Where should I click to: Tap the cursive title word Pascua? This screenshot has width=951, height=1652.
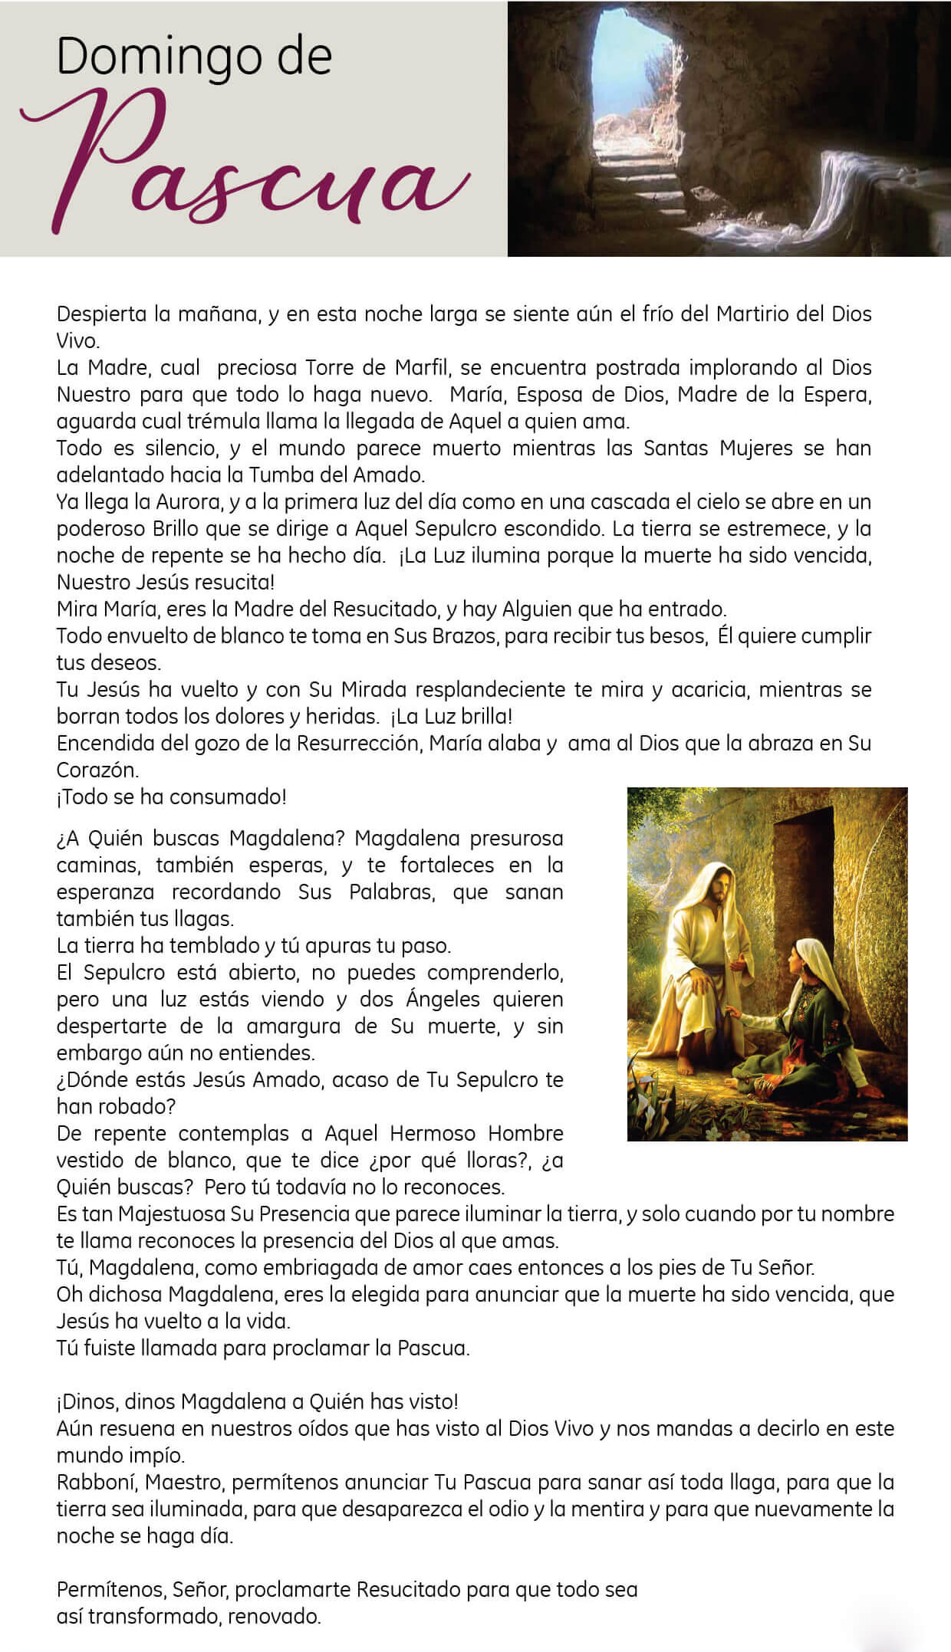(245, 165)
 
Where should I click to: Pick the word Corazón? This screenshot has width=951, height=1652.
(97, 770)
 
